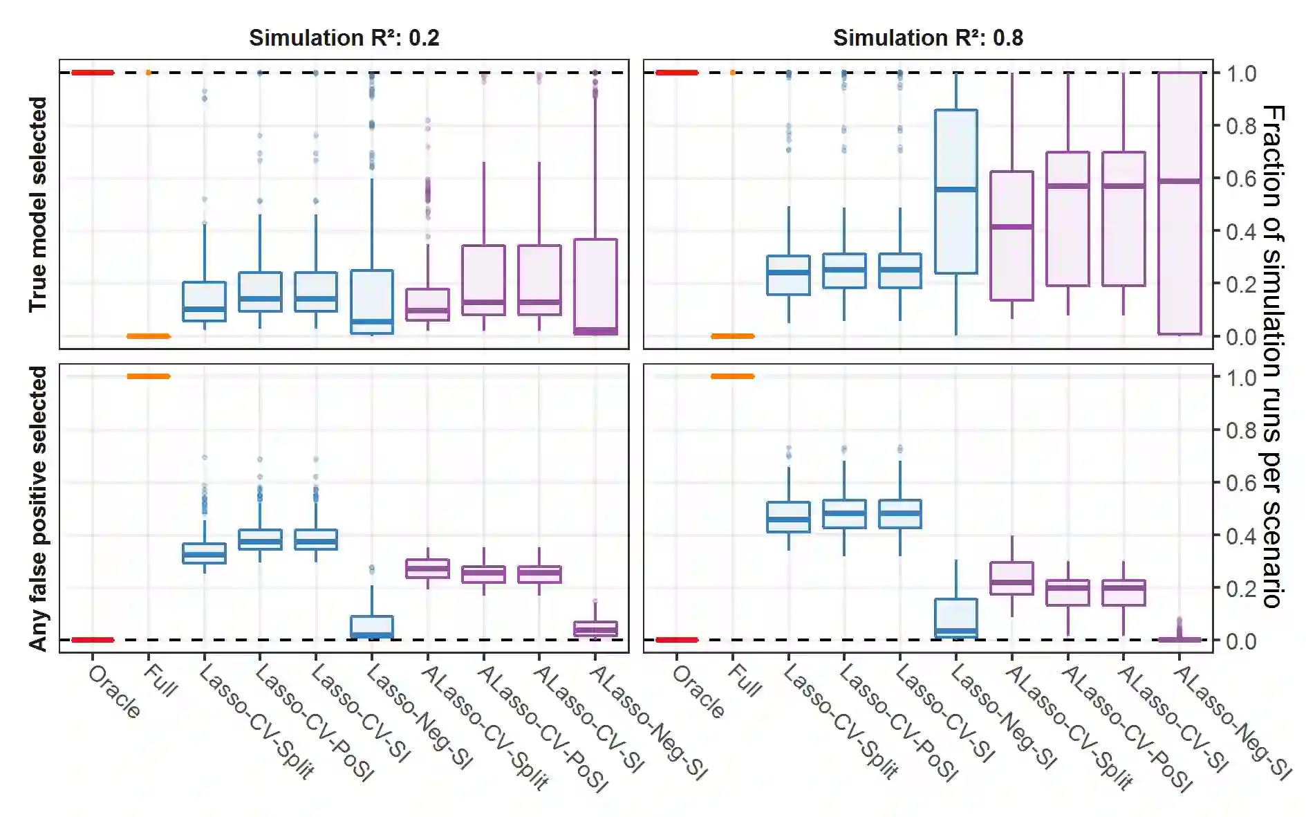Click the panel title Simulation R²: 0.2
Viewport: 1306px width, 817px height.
coord(344,37)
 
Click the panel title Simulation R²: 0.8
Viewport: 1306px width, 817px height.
coord(928,37)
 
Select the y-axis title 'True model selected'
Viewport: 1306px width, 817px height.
coord(38,204)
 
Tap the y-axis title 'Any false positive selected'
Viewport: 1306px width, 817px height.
coord(38,508)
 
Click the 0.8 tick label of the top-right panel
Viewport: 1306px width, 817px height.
coord(1241,127)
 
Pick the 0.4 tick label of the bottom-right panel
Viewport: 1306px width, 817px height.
coord(1241,536)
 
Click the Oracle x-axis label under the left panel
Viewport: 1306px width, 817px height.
coord(115,692)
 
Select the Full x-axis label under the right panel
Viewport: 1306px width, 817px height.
coord(745,681)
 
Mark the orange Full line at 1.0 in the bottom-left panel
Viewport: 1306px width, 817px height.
coord(149,376)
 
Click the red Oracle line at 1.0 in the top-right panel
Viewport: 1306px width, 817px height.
coord(677,73)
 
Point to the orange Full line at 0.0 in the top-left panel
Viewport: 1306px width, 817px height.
coord(149,336)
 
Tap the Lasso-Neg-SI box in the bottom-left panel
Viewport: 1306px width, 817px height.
coord(372,627)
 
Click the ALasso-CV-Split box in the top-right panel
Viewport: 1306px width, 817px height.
coord(1012,236)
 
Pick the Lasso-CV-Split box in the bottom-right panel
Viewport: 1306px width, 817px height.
coord(789,517)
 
